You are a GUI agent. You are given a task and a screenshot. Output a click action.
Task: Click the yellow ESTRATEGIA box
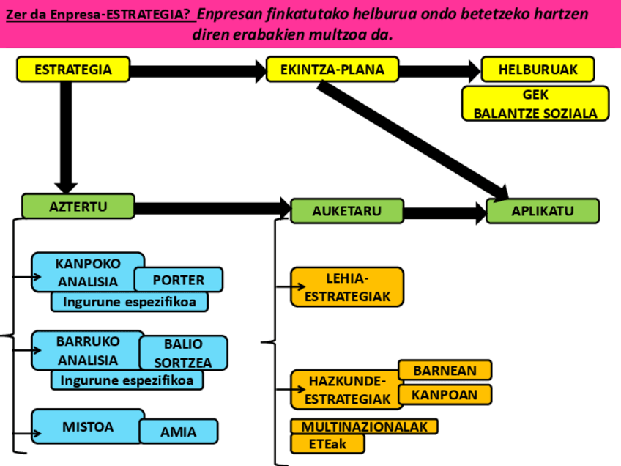point(72,70)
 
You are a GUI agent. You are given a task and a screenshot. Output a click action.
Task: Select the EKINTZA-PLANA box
point(333,70)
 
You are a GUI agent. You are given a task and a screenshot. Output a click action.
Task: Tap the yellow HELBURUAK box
point(538,70)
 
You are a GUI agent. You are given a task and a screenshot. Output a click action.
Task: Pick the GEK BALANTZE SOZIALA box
point(535,104)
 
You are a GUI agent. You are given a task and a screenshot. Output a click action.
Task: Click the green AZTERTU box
point(78,207)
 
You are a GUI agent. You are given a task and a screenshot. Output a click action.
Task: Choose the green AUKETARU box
point(346,211)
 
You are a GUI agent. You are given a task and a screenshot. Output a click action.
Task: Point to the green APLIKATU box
point(543,211)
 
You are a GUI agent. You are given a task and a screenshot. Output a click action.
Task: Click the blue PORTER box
point(179,280)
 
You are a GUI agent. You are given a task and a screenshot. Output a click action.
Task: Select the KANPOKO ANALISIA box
point(87,272)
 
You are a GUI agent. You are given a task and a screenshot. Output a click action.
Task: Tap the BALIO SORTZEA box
point(183,352)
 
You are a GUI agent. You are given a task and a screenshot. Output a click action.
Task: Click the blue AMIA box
point(179,432)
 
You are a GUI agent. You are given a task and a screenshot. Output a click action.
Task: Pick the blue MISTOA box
point(87,426)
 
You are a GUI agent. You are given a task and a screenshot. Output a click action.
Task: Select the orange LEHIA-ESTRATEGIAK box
point(347,287)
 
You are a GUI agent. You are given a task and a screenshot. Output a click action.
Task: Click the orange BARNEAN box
point(445,370)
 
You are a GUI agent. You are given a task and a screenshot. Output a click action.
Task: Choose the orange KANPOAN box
point(445,395)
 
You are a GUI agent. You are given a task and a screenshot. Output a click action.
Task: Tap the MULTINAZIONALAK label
point(364,426)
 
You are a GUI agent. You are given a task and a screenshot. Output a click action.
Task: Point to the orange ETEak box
point(327,444)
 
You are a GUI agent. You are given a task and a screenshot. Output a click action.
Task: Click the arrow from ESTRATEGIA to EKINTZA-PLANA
point(198,71)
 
